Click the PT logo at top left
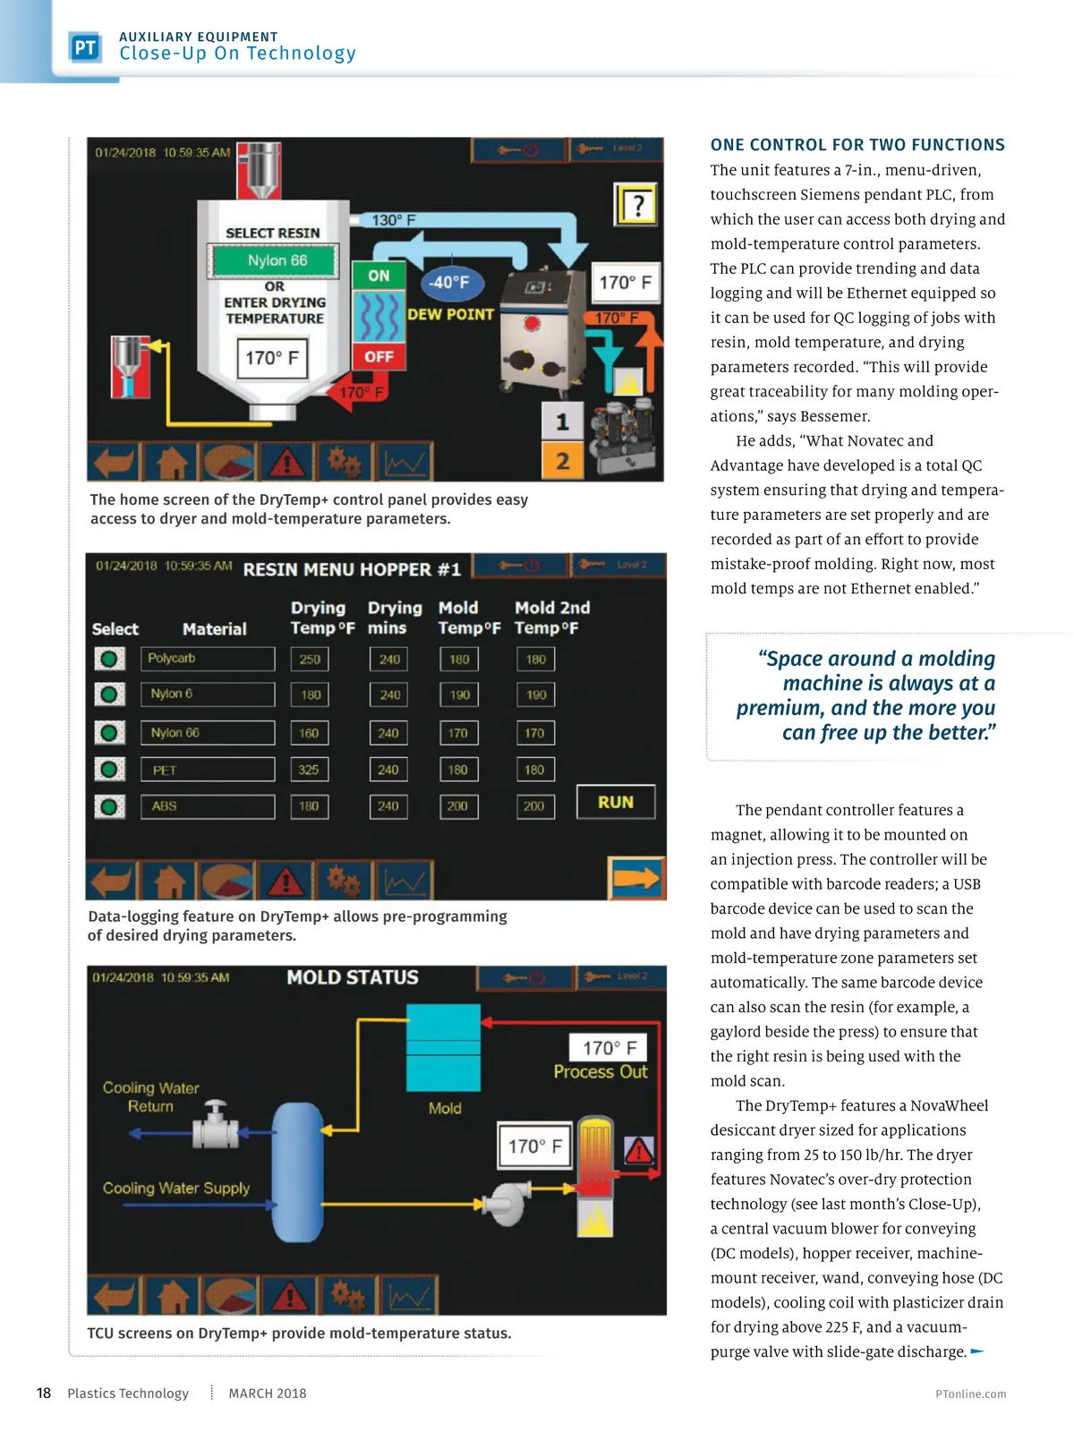click(x=85, y=47)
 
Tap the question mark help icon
click(x=637, y=206)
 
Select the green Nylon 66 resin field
click(x=277, y=260)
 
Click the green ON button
click(x=379, y=276)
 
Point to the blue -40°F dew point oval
click(x=450, y=283)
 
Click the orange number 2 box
click(x=562, y=461)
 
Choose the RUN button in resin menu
click(x=615, y=802)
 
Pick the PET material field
click(x=207, y=770)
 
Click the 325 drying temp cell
click(x=309, y=770)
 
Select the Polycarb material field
click(x=207, y=659)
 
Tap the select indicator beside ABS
click(x=109, y=806)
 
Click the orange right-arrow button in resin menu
click(x=636, y=878)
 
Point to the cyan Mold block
click(x=443, y=1047)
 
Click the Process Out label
click(x=600, y=1072)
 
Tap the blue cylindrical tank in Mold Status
click(x=297, y=1172)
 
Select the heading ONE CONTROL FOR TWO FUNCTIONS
click(x=857, y=145)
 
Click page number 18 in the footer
click(x=44, y=1393)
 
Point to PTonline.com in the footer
click(x=970, y=1394)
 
